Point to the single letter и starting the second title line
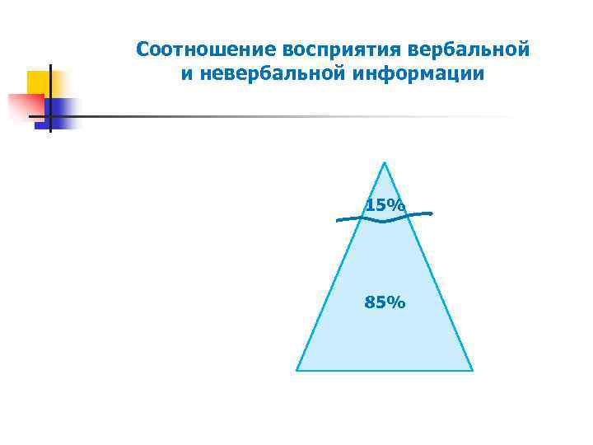click(x=186, y=74)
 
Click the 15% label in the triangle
click(x=385, y=205)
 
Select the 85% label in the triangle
click(x=385, y=303)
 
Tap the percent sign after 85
click(x=397, y=303)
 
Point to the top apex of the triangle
click(x=385, y=162)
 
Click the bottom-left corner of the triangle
click(x=297, y=370)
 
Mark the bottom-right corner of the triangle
click(x=472, y=370)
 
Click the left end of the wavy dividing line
click(x=337, y=220)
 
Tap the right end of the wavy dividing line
click(x=432, y=213)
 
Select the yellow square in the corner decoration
click(x=39, y=82)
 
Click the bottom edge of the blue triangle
click(x=385, y=370)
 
